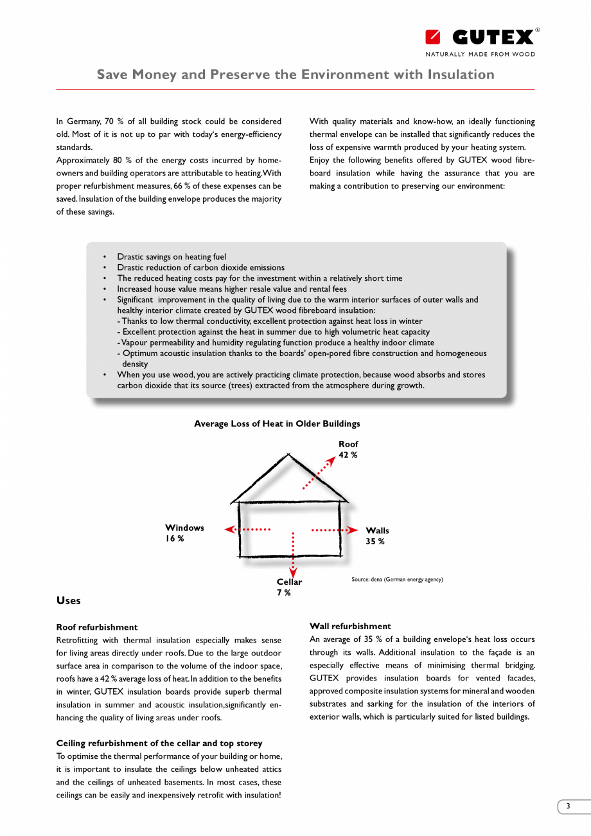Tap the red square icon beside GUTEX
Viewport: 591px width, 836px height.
433,37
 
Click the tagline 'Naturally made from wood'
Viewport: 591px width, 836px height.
480,55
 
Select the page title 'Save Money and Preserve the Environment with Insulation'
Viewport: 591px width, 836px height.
295,75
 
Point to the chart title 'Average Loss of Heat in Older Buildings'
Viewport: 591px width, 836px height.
277,424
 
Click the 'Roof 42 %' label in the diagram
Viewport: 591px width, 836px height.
348,449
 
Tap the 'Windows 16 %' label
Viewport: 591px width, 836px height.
184,533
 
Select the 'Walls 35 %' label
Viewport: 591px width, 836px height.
377,535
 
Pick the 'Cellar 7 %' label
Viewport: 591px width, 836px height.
289,587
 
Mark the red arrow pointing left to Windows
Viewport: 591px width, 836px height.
247,529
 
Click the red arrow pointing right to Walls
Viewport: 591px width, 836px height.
335,530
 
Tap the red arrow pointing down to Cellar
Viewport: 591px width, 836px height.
293,555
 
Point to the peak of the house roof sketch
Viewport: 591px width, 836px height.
288,454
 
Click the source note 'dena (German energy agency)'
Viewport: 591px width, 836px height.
397,580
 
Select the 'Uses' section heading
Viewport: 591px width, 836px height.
69,601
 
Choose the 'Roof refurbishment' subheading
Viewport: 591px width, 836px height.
97,627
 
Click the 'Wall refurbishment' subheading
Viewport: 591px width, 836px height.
350,626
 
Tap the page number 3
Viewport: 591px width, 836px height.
567,806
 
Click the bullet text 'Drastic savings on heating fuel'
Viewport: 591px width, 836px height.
172,257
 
